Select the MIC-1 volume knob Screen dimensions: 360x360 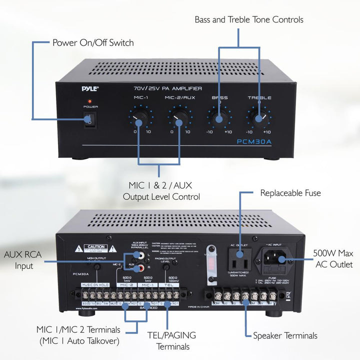point(140,118)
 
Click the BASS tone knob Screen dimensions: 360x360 point(218,118)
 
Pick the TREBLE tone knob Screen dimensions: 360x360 point(259,118)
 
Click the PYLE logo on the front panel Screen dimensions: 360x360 point(90,88)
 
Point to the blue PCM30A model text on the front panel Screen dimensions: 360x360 point(255,142)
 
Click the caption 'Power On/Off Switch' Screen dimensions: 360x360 point(93,42)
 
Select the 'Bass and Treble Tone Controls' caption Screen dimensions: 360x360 point(249,20)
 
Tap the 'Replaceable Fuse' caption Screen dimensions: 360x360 point(290,192)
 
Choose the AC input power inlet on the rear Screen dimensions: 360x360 point(273,259)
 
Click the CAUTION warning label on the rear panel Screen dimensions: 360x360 point(95,247)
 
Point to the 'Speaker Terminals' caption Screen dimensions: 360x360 point(285,335)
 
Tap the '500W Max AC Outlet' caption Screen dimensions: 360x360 point(333,259)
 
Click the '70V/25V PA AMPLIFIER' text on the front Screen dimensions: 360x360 point(164,88)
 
